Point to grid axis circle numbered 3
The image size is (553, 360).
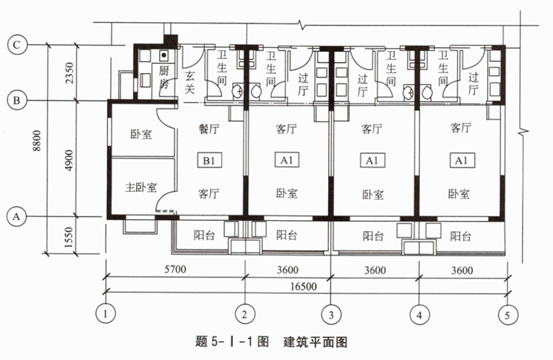coord(333,314)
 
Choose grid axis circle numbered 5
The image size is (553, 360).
coord(508,314)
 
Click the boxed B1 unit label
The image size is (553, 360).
coord(209,161)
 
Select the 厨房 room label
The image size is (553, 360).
coord(144,78)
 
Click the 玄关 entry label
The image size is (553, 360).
coord(190,83)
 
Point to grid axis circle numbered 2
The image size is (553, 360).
coord(245,314)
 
